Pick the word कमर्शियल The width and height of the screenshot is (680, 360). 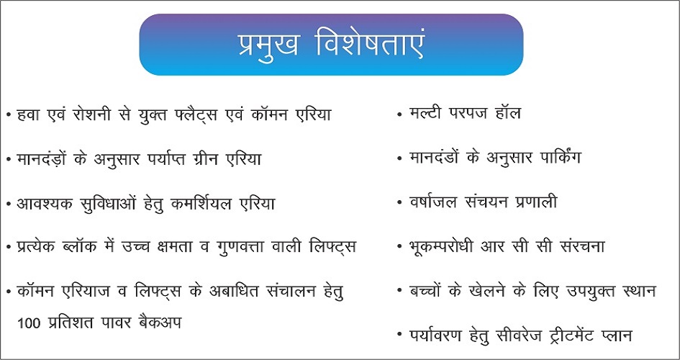(210, 202)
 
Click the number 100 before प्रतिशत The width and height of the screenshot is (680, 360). (27, 323)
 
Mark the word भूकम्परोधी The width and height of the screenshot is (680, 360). (442, 247)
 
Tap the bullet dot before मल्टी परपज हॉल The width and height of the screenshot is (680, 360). (399, 114)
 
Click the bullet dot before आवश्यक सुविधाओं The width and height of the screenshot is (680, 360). (9, 204)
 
